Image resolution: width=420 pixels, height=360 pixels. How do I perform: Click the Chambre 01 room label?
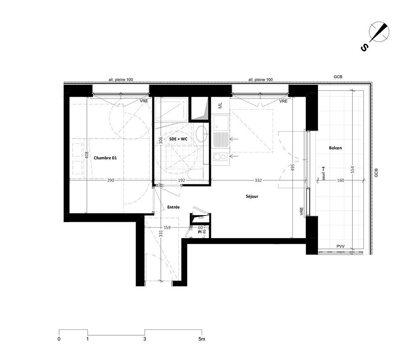(105, 158)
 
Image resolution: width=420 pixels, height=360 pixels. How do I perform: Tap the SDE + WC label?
(178, 139)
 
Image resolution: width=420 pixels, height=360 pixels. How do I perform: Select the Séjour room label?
(252, 196)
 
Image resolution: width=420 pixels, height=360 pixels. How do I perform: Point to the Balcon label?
(335, 148)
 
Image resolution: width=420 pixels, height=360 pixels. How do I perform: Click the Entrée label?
(173, 207)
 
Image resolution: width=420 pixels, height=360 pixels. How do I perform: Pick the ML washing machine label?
(220, 105)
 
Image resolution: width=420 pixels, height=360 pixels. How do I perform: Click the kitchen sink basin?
(220, 123)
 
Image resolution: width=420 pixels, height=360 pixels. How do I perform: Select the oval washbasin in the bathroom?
(201, 134)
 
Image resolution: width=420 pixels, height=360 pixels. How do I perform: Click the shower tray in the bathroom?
(171, 110)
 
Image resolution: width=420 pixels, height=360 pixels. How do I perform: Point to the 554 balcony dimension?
(352, 170)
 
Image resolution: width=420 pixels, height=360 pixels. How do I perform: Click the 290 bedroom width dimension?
(110, 180)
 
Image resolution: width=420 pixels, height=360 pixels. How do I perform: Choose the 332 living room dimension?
(258, 180)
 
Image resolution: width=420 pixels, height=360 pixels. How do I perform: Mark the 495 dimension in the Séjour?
(292, 168)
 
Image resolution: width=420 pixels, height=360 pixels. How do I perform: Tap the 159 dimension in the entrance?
(167, 227)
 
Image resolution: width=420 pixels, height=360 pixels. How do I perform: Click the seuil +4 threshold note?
(323, 173)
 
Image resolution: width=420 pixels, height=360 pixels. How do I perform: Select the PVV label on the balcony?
(341, 246)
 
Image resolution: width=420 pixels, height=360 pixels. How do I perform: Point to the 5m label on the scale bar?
(202, 339)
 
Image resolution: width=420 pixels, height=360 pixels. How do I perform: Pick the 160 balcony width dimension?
(341, 180)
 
